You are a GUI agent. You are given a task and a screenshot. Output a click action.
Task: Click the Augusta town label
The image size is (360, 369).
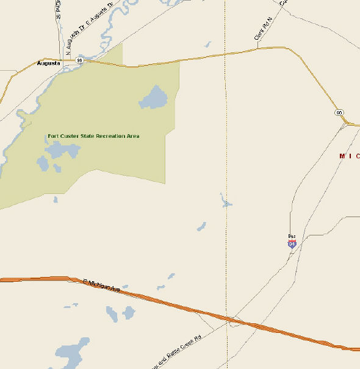49,63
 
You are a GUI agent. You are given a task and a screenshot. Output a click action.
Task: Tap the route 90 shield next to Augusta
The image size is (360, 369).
79,60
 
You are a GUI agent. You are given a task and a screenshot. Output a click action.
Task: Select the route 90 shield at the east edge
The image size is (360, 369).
339,113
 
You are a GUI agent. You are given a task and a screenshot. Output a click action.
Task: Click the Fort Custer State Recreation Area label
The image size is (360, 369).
93,136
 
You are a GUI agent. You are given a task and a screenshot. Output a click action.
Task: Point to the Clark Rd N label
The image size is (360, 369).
262,32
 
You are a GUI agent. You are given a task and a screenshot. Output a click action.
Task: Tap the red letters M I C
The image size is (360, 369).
350,156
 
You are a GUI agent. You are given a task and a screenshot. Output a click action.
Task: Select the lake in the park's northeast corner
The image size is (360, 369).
153,98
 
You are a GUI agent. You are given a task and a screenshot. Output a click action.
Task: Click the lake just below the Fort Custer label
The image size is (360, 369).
63,150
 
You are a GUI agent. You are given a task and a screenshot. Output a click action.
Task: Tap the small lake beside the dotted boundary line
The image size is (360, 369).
225,201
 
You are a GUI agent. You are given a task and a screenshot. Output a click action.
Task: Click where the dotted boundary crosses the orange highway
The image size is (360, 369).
228,319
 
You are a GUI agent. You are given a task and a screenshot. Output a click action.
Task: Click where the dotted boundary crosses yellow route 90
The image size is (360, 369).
226,54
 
